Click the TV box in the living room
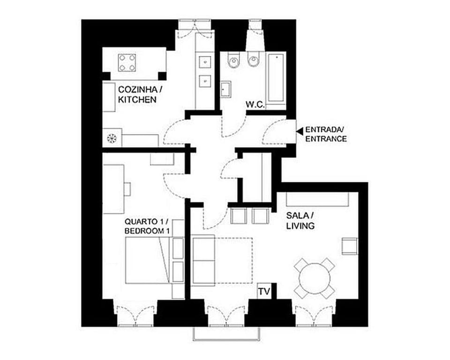pos(264,292)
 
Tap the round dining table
pos(315,278)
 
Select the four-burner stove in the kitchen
pos(127,62)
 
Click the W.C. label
pos(255,105)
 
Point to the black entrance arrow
pos(300,131)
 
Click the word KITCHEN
pos(137,100)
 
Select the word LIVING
pos(300,226)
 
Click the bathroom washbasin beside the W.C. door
pos(226,89)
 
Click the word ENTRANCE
pos(326,139)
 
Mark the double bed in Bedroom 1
pos(148,260)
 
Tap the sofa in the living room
pos(204,260)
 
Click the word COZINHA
pos(138,90)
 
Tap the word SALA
pos(297,216)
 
